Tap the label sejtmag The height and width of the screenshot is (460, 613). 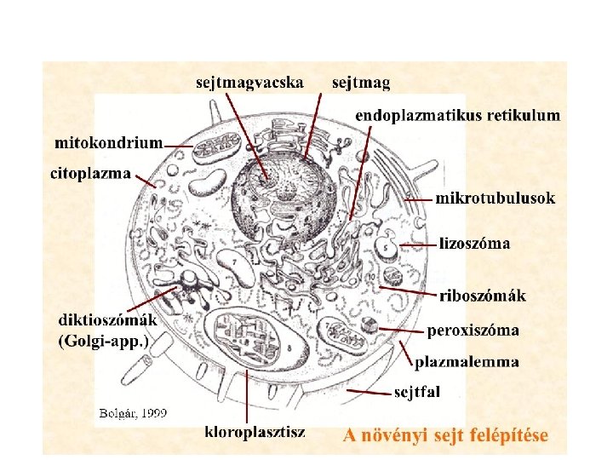pyautogui.click(x=361, y=83)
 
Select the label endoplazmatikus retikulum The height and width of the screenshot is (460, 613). pyautogui.click(x=457, y=114)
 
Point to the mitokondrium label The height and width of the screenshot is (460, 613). pyautogui.click(x=108, y=142)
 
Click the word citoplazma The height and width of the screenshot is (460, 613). pyautogui.click(x=91, y=174)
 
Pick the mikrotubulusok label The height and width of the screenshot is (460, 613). pyautogui.click(x=496, y=198)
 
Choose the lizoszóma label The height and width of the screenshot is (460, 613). pyautogui.click(x=475, y=244)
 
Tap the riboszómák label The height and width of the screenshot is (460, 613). pyautogui.click(x=483, y=296)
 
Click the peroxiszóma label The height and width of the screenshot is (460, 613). pyautogui.click(x=473, y=329)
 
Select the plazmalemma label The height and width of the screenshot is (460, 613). pyautogui.click(x=467, y=362)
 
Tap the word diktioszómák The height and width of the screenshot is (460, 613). pyautogui.click(x=107, y=320)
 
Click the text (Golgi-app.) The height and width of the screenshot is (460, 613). pyautogui.click(x=109, y=341)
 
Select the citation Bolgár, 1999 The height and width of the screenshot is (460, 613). pyautogui.click(x=133, y=413)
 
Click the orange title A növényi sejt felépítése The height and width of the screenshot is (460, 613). pyautogui.click(x=445, y=435)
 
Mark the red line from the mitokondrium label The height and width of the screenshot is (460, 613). pyautogui.click(x=178, y=147)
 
